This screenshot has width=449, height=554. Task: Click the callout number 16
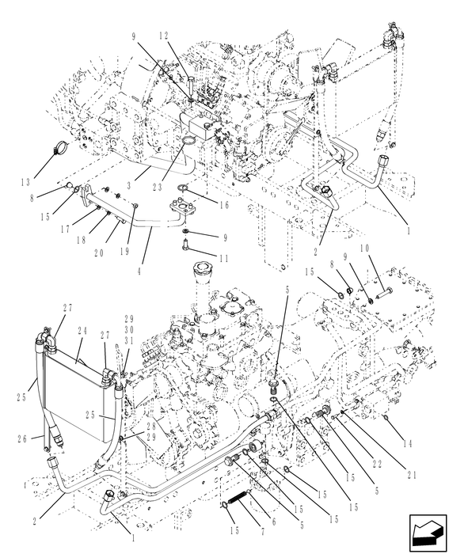point(224,203)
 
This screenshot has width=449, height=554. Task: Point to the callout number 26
point(24,438)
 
